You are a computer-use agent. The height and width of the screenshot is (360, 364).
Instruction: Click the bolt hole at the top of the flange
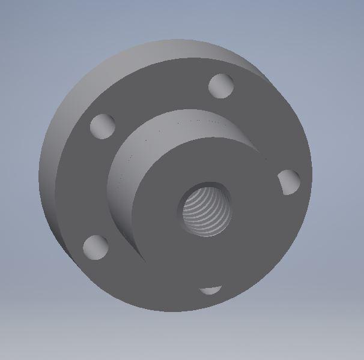[222, 86]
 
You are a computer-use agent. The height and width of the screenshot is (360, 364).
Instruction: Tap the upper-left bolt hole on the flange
[103, 126]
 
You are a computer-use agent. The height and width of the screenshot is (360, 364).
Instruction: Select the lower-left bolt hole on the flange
[96, 247]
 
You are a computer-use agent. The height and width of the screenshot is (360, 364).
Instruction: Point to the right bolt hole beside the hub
[289, 182]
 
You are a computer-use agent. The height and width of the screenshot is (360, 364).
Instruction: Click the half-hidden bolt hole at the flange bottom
[211, 290]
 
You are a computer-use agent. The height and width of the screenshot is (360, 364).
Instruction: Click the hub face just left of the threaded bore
[159, 210]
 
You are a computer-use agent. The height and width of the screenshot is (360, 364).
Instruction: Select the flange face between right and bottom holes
[264, 252]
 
